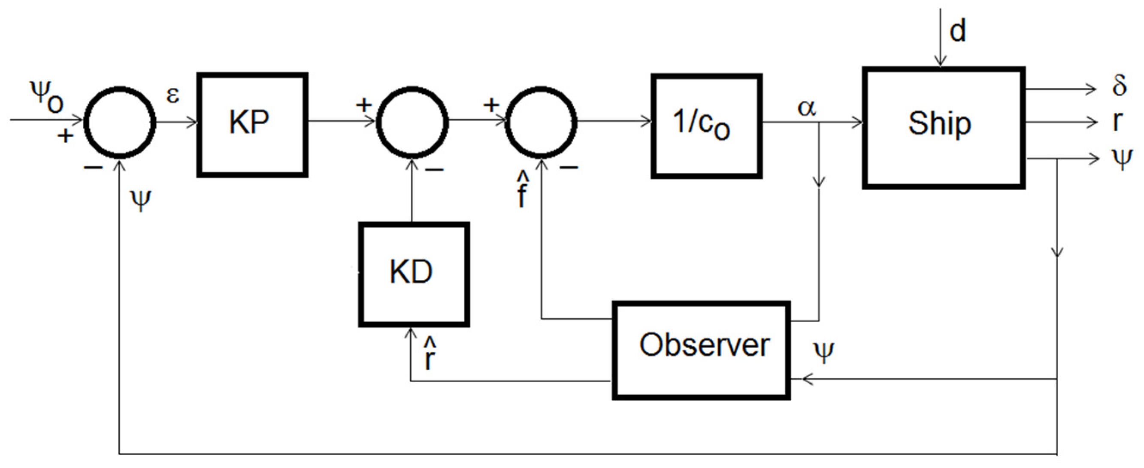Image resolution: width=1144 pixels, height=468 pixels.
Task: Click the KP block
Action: [252, 125]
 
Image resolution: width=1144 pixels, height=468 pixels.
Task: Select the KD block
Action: [414, 275]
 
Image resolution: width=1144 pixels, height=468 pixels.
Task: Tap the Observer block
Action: [701, 351]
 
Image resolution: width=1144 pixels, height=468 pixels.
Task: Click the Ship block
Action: [943, 128]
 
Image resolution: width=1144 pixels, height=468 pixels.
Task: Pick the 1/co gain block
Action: [707, 126]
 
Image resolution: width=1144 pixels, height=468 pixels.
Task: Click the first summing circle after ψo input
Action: [120, 123]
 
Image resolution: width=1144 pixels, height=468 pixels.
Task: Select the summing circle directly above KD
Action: [412, 123]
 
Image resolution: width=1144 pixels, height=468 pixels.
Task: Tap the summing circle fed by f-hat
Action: [541, 123]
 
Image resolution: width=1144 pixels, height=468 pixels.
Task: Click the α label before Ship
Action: [806, 108]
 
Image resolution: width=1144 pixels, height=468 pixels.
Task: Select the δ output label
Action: [1119, 85]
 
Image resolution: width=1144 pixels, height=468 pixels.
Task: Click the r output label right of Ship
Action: [1117, 121]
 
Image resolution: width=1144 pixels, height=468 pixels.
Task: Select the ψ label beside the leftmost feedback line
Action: [141, 201]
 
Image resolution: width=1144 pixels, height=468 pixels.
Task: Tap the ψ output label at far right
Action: [1121, 159]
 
